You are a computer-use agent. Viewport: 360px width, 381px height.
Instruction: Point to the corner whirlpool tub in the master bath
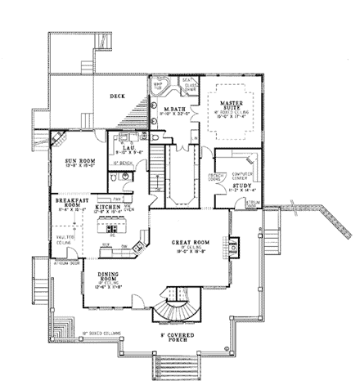(159, 86)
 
